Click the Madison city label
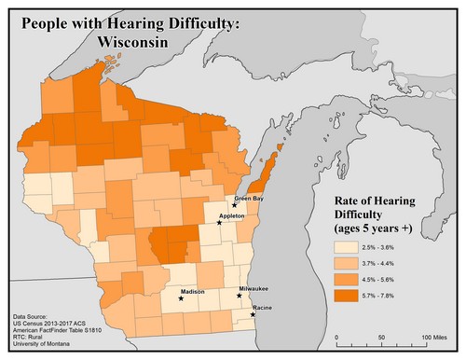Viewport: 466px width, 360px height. pyautogui.click(x=192, y=292)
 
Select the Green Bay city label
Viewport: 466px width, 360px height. pyautogui.click(x=249, y=199)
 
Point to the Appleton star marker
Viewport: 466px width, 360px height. pyautogui.click(x=219, y=223)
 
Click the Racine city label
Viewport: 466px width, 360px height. pyautogui.click(x=262, y=307)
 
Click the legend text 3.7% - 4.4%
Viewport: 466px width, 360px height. pyautogui.click(x=390, y=263)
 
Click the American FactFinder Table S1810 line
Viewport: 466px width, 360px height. pyautogui.click(x=62, y=333)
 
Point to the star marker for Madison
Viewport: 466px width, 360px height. pyautogui.click(x=181, y=298)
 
